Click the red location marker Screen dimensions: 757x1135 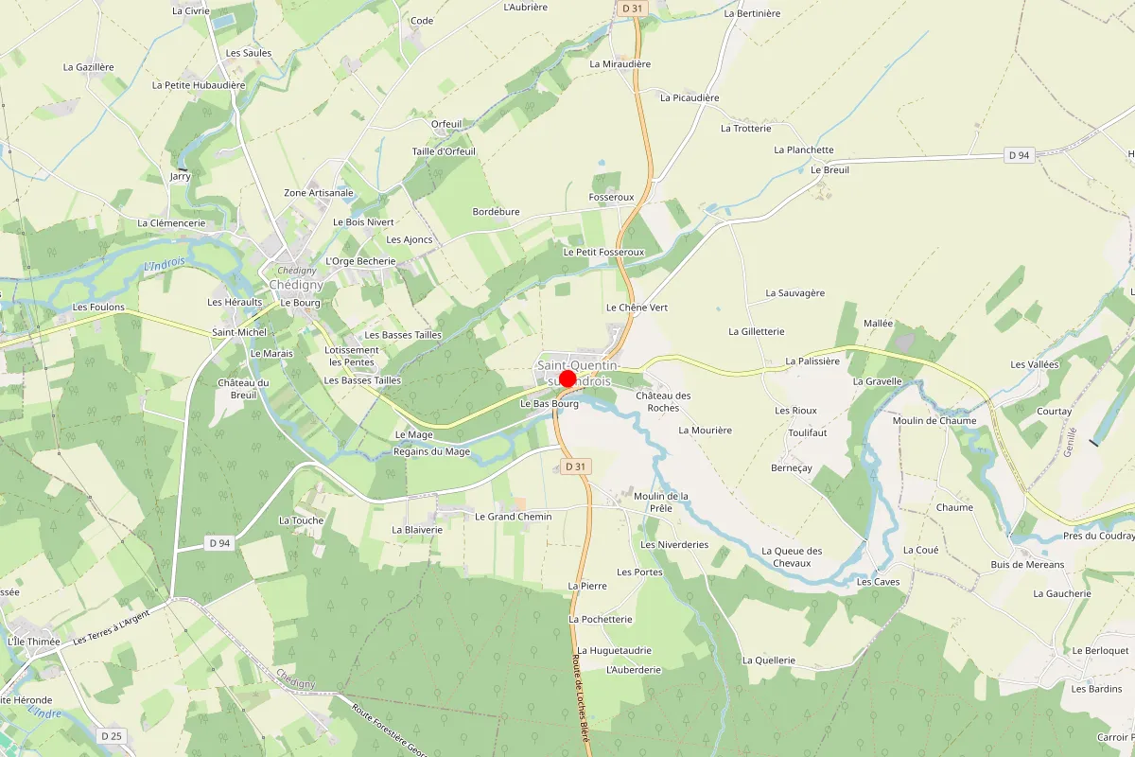click(x=567, y=379)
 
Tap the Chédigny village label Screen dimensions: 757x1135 click(x=296, y=285)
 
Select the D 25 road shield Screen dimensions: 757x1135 click(x=112, y=735)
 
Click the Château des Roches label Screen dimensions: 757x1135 click(x=663, y=401)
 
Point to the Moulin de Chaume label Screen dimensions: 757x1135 click(x=934, y=421)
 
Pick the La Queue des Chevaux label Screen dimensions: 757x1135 click(x=792, y=557)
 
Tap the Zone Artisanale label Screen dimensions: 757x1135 click(x=319, y=193)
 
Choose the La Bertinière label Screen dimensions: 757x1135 click(x=752, y=14)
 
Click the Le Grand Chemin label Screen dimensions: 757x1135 click(x=513, y=517)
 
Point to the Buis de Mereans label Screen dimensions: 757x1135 click(x=1027, y=565)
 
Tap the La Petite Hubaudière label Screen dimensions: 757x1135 click(x=199, y=85)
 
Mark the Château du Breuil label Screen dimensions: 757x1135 click(x=244, y=389)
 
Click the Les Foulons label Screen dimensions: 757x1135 click(x=98, y=308)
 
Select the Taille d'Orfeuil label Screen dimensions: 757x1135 click(x=444, y=151)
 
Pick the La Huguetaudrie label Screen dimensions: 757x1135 click(x=615, y=651)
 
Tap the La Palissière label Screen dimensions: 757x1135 click(x=812, y=361)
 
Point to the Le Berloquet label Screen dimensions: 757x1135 click(x=1100, y=651)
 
